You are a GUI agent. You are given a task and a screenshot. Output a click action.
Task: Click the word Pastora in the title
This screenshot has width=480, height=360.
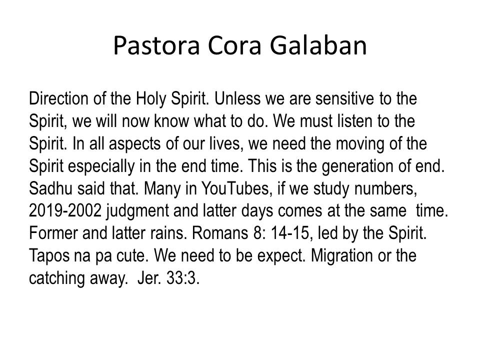156,45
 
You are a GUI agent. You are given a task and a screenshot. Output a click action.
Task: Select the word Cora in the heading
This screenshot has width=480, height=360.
234,45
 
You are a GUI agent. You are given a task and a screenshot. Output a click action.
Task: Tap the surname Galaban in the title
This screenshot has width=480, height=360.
318,45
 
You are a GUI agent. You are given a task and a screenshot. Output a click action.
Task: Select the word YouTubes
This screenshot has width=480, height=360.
235,188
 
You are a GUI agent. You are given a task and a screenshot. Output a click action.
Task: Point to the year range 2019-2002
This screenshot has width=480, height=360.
65,210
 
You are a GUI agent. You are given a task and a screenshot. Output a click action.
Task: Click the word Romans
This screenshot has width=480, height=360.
220,233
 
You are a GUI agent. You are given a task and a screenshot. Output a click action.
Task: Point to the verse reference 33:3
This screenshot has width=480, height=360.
183,278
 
